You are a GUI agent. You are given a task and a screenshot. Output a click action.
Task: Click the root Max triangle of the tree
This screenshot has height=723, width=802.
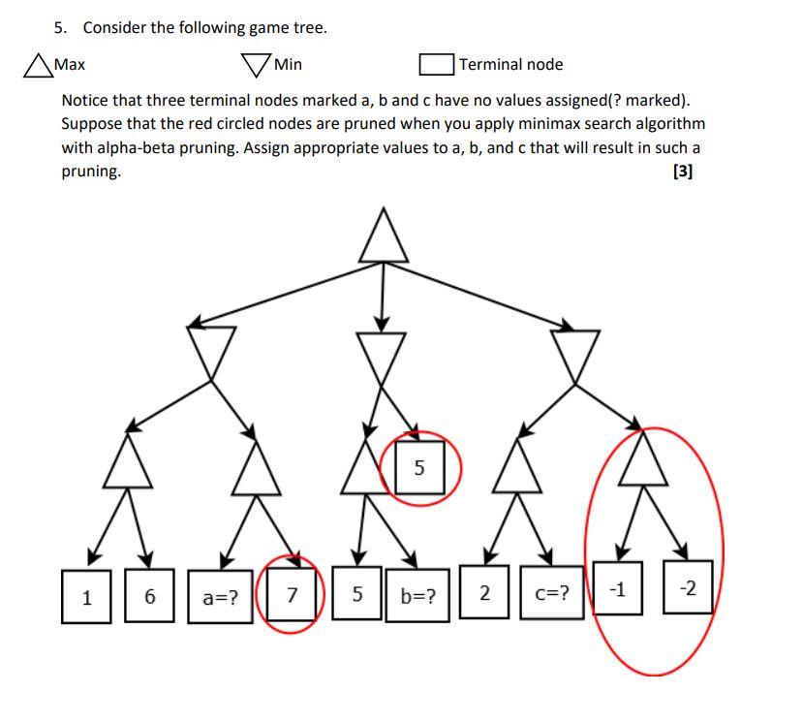point(384,239)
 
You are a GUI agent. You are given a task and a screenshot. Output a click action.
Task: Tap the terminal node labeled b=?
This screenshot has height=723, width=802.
point(418,595)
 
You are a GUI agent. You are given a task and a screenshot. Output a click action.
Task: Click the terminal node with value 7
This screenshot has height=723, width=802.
point(293,594)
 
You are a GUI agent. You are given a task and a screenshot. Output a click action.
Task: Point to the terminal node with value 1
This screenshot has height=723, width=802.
point(87,596)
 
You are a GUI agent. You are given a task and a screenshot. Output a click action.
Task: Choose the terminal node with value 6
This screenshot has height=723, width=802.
point(149,595)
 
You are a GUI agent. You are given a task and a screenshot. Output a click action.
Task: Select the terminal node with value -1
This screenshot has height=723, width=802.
point(617,587)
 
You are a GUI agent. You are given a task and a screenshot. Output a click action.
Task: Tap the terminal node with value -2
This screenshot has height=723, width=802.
point(687,587)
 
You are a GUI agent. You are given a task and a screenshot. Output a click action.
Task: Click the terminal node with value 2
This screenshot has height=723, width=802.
point(484,591)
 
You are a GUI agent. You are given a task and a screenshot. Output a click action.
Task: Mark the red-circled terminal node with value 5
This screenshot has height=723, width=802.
point(418,467)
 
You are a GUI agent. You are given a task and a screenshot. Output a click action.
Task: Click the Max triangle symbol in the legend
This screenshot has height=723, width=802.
point(38,66)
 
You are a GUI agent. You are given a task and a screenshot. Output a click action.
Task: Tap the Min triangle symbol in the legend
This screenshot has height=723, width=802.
point(256,65)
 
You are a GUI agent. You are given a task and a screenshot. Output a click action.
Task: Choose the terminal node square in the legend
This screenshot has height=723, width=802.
point(437,65)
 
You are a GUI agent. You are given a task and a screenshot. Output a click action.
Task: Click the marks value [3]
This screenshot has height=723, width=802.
point(682,172)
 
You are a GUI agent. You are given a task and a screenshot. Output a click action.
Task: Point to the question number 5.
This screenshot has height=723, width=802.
point(58,27)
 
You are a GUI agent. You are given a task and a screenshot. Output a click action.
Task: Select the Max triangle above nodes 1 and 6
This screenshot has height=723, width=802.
point(129,463)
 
